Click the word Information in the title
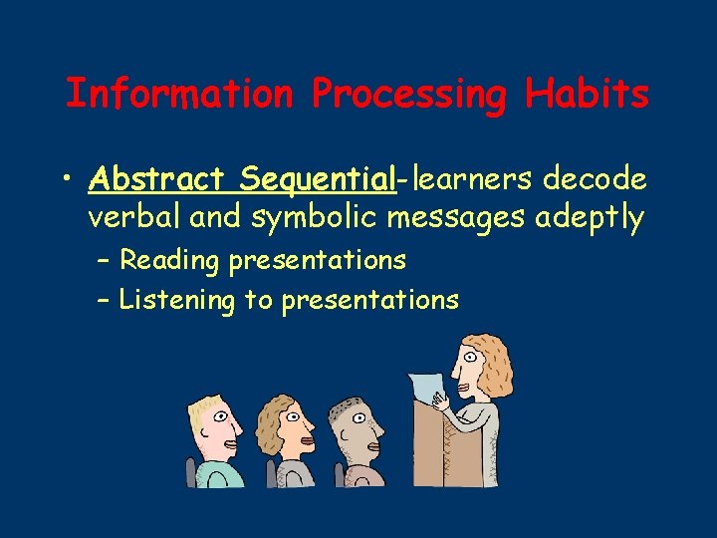click(x=179, y=94)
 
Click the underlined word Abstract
click(x=156, y=179)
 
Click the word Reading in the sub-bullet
click(x=169, y=261)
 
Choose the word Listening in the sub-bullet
click(x=176, y=300)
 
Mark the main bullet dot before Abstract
click(x=65, y=180)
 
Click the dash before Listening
click(x=104, y=300)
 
